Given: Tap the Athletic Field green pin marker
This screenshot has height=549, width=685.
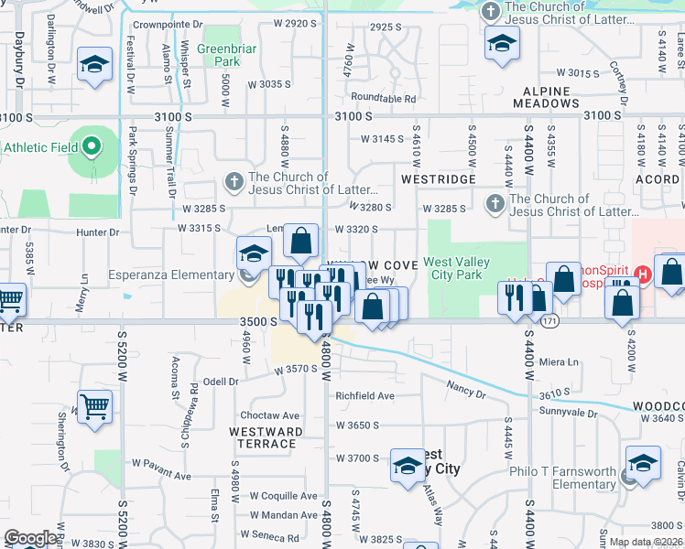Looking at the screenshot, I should [x=91, y=146].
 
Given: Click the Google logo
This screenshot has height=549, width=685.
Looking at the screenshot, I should [x=30, y=538].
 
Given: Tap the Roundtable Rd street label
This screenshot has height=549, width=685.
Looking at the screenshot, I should [x=383, y=98].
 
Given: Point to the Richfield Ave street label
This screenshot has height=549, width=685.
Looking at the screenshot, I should [x=364, y=396].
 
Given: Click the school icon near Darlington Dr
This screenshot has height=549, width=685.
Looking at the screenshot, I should [x=95, y=64].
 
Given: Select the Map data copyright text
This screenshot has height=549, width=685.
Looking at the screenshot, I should [x=646, y=542].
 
